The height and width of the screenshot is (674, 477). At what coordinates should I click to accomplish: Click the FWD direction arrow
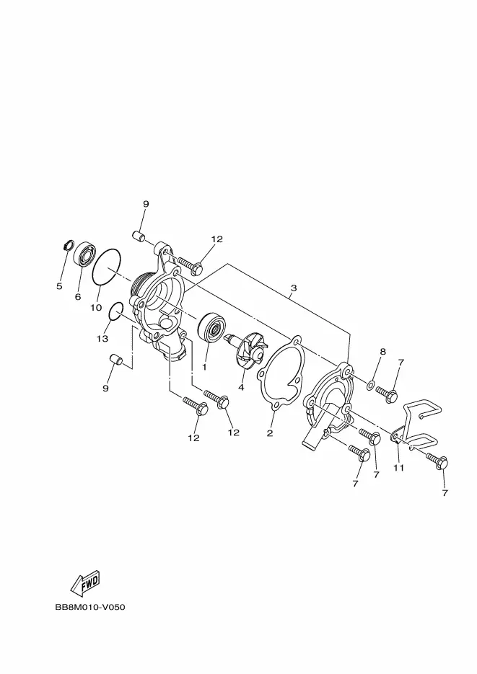click(85, 582)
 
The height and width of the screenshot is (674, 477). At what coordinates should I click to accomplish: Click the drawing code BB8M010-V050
click(90, 607)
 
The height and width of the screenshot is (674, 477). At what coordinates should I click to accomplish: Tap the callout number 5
click(59, 286)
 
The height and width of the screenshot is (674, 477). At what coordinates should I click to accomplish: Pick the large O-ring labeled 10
click(107, 267)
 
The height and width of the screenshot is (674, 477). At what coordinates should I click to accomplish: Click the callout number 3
click(293, 289)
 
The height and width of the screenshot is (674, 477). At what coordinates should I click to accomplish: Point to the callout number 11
click(398, 468)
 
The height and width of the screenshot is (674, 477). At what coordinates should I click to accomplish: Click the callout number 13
click(103, 338)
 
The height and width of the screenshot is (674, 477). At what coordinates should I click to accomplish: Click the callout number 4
click(241, 387)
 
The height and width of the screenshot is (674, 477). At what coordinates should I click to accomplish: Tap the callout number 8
click(383, 352)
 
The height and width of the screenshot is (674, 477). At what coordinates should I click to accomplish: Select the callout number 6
click(78, 296)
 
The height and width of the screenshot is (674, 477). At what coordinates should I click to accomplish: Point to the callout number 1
click(204, 366)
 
